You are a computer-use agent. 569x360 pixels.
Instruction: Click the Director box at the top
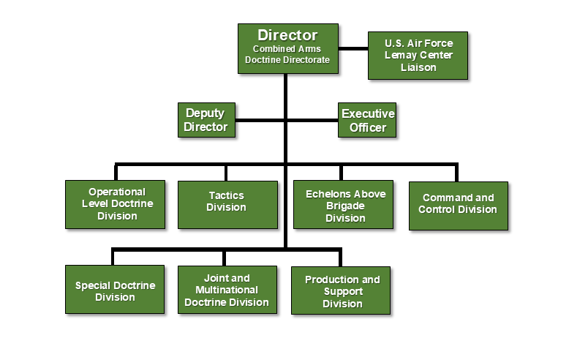tap(287, 48)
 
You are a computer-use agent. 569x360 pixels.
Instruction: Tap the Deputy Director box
tap(205, 120)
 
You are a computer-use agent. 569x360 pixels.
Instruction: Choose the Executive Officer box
tap(368, 120)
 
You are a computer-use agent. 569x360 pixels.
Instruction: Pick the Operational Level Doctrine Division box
tap(116, 204)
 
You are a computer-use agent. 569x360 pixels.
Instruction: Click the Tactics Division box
tap(227, 204)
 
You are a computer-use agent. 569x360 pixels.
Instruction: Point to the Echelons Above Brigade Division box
tap(343, 204)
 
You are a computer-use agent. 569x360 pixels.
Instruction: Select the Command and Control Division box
tap(458, 204)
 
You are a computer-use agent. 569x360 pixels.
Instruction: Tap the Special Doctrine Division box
tap(116, 290)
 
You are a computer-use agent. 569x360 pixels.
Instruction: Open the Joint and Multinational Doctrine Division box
tap(227, 290)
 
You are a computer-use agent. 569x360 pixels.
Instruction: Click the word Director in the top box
tap(287, 35)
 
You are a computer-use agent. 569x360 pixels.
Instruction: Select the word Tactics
tap(227, 195)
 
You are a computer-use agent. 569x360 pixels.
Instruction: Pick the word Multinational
tap(227, 290)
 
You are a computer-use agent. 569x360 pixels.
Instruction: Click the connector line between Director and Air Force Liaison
tap(353, 48)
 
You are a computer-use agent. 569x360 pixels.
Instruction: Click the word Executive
tap(368, 114)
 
